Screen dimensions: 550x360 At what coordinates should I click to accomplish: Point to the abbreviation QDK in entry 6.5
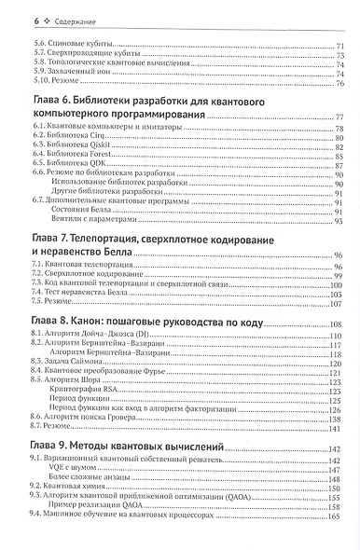(96, 166)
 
